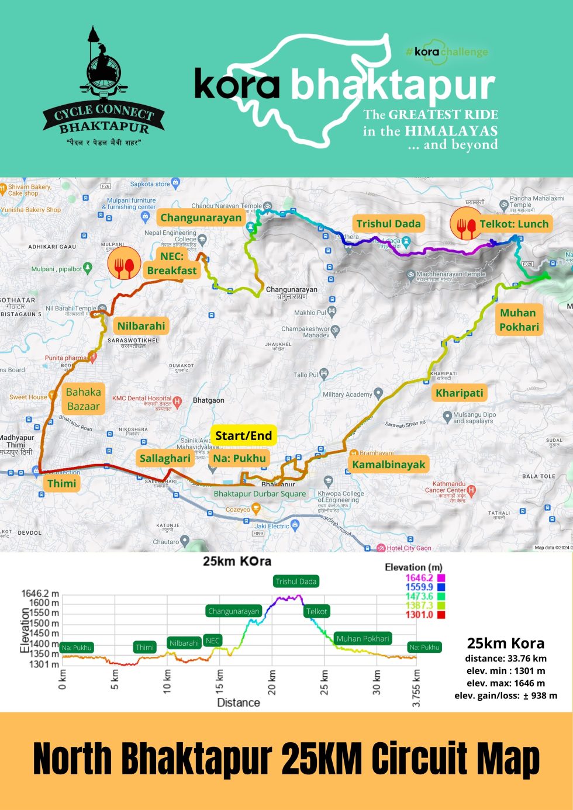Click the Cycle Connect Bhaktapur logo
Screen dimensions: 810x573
point(103,88)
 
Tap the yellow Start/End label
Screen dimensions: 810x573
point(243,435)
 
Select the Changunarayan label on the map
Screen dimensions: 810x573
point(201,218)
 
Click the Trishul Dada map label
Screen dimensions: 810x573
point(388,224)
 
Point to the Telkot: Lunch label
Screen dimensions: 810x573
point(514,224)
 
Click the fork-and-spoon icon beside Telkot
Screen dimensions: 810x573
point(466,224)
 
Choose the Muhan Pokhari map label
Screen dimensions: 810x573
point(518,320)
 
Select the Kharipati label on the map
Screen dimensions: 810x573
point(459,393)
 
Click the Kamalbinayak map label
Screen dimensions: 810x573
point(388,465)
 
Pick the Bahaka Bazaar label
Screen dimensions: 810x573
point(83,399)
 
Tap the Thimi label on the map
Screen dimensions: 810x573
point(62,483)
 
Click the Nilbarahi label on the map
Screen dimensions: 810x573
point(141,326)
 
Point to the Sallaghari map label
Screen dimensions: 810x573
point(165,458)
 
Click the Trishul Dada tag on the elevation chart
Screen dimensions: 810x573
point(296,581)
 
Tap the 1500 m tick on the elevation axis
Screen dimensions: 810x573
point(47,623)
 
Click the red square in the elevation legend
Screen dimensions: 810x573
point(441,615)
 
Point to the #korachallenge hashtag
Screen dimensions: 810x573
point(447,51)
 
